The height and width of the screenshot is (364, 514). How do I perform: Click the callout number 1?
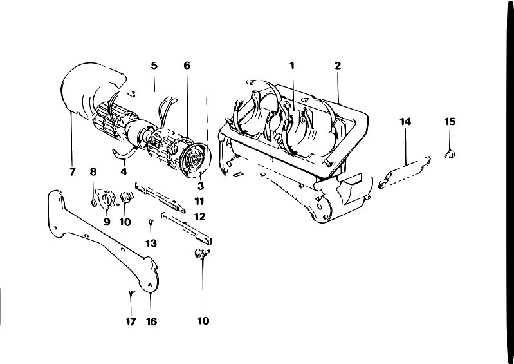pos(292,66)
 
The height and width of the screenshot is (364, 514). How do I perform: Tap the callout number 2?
pos(338,66)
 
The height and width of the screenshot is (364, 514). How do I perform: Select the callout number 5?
pos(154,66)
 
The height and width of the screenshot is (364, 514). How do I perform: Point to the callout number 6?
pos(187,66)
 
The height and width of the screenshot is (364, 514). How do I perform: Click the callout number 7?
pos(73,171)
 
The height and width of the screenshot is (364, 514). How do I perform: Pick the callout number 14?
pos(405,122)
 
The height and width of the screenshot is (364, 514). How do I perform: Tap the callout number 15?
pos(450,122)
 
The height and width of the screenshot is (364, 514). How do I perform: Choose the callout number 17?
pos(131,321)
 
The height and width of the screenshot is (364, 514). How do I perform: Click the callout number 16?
pos(151,321)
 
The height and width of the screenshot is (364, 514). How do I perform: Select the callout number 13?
pos(151,244)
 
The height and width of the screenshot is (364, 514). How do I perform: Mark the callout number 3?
pos(201,186)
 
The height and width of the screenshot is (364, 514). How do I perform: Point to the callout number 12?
pos(199,216)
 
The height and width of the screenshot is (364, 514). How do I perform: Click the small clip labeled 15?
pos(450,154)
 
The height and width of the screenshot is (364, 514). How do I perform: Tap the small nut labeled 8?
pos(93,202)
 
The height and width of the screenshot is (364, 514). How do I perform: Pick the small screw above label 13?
pos(151,222)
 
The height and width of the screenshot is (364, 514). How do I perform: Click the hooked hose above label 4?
pos(124,153)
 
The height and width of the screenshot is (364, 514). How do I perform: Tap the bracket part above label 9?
pos(106,198)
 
